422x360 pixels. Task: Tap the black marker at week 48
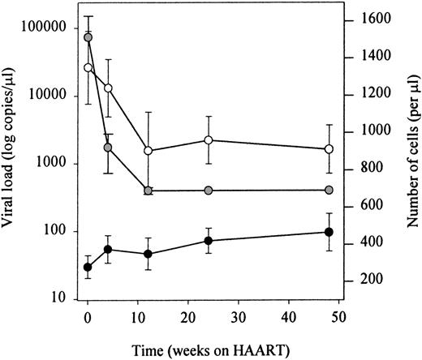[329, 233]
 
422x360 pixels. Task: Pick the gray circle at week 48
[329, 190]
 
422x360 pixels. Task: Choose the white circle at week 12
[148, 151]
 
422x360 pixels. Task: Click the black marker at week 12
[148, 254]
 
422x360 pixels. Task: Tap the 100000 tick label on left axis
[49, 28]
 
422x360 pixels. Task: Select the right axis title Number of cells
[412, 149]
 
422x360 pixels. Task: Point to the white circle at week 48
[329, 149]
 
